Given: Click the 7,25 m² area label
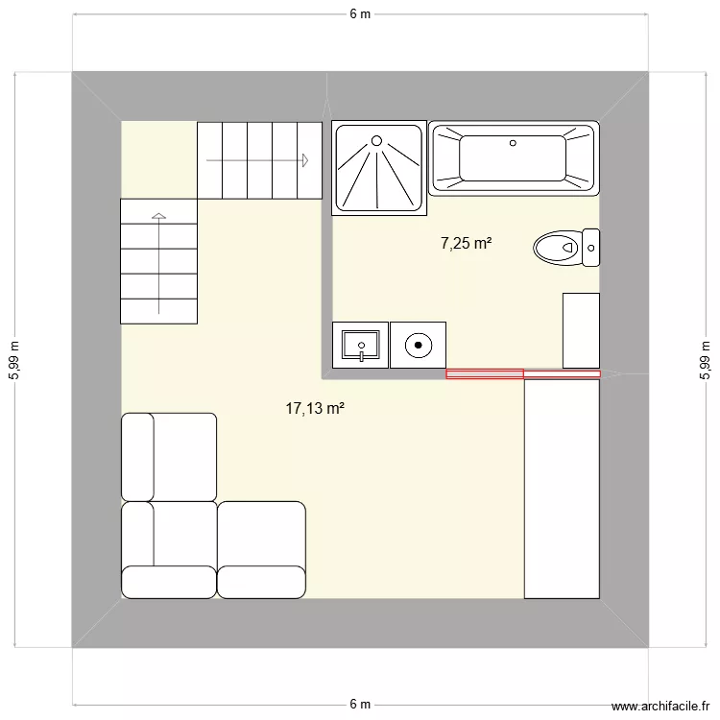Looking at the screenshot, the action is click(x=466, y=243).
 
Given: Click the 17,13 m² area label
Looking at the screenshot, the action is click(x=315, y=408).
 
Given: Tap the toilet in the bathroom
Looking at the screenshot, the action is click(x=566, y=248).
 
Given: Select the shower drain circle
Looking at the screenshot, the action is click(x=376, y=141).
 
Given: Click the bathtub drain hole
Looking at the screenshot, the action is click(x=513, y=143).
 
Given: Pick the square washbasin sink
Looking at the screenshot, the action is click(x=360, y=345).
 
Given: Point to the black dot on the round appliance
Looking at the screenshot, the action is click(x=419, y=345).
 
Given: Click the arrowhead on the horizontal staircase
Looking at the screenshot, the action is click(x=305, y=160).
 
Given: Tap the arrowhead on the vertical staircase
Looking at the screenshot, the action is click(x=158, y=216).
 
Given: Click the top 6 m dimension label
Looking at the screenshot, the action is click(x=360, y=14).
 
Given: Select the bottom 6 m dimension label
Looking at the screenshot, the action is click(x=360, y=704).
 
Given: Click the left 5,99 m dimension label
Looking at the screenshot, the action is click(x=14, y=360).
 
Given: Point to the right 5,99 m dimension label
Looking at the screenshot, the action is click(x=705, y=360).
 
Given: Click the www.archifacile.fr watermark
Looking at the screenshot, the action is click(x=660, y=707).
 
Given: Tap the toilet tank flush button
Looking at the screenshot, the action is click(x=591, y=248).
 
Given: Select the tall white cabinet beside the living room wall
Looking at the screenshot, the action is click(x=562, y=489).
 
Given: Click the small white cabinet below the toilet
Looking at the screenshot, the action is click(x=582, y=330).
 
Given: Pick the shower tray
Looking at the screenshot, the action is click(x=379, y=168).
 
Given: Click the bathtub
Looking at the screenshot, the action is click(x=514, y=158).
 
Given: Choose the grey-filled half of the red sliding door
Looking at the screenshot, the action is click(x=485, y=374).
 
